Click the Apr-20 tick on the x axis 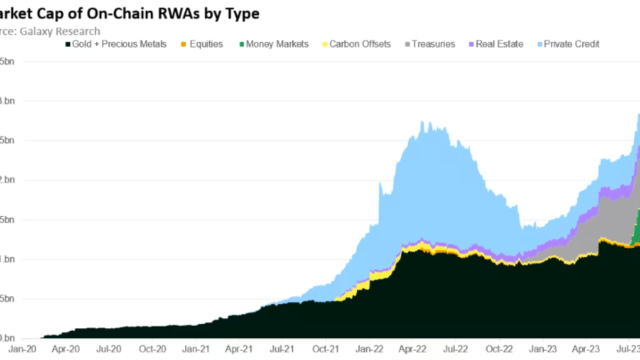[x=65, y=348]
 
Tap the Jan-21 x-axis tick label [x=196, y=348]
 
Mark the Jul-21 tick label [x=282, y=348]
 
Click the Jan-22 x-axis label [x=369, y=348]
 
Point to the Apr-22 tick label [x=412, y=348]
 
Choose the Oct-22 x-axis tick [x=499, y=348]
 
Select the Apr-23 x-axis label [x=586, y=348]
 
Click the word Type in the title [x=242, y=13]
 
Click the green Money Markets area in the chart [x=636, y=227]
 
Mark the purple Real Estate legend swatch [x=470, y=44]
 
